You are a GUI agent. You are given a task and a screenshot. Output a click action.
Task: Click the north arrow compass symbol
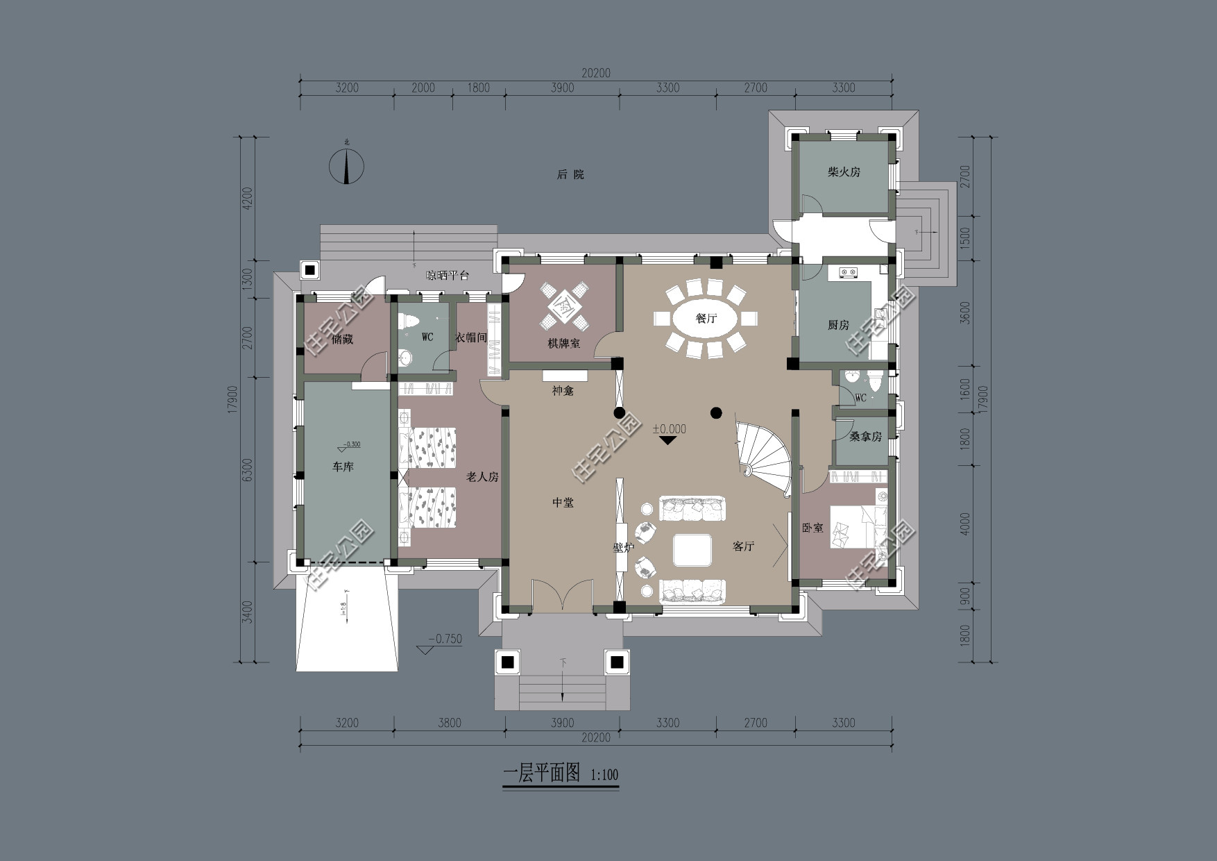click(x=346, y=166)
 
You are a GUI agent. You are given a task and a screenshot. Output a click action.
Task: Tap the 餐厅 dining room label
click(x=706, y=319)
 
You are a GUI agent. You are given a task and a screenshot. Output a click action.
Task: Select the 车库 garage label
click(x=343, y=467)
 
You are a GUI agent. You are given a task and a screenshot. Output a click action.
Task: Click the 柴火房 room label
click(x=844, y=172)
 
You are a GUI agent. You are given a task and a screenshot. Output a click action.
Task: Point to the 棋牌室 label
click(x=563, y=343)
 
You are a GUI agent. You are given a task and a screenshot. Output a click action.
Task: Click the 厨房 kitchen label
click(x=838, y=325)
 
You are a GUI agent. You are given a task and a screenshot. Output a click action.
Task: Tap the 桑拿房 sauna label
click(x=865, y=437)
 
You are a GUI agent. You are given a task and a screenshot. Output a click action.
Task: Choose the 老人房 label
click(x=482, y=477)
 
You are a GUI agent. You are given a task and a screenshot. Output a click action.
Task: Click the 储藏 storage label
click(x=342, y=340)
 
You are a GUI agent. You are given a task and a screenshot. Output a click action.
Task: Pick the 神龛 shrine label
click(x=563, y=391)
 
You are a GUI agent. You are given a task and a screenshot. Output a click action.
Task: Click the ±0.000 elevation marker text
click(x=669, y=429)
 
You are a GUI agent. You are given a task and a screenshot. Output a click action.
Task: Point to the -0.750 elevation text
click(x=445, y=640)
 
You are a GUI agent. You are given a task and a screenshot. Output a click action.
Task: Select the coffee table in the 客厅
click(x=692, y=549)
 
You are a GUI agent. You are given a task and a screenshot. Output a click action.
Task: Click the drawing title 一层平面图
click(x=541, y=774)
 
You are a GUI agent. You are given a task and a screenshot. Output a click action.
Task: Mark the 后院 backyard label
click(x=570, y=174)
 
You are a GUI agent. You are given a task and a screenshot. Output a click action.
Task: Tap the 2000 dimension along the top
click(x=423, y=87)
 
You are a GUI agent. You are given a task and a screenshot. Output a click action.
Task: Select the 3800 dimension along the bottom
click(x=449, y=723)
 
